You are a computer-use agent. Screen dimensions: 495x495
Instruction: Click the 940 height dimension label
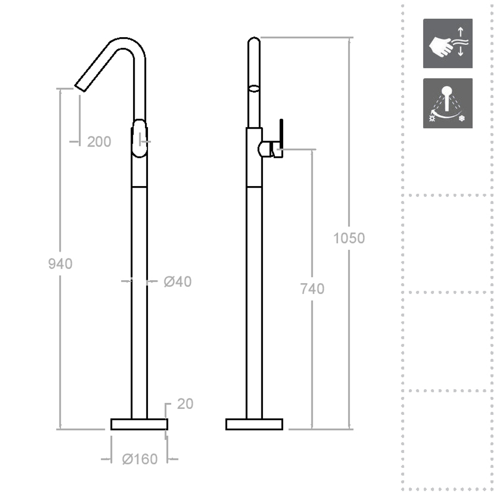coord(60,264)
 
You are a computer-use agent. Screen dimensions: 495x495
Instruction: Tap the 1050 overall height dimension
coord(349,238)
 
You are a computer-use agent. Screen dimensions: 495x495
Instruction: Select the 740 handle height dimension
coord(312,289)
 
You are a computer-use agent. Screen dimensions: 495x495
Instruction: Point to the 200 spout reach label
coord(99,142)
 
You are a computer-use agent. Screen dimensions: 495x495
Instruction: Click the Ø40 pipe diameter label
coord(178,282)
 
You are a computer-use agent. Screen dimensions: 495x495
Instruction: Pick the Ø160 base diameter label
coord(140,459)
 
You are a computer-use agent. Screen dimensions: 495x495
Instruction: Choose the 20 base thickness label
coord(185,404)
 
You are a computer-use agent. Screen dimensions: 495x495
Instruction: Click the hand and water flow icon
coord(447,43)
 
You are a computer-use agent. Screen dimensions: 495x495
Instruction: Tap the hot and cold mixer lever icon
coord(447,103)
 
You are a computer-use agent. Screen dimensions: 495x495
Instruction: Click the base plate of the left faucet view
coord(139,424)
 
